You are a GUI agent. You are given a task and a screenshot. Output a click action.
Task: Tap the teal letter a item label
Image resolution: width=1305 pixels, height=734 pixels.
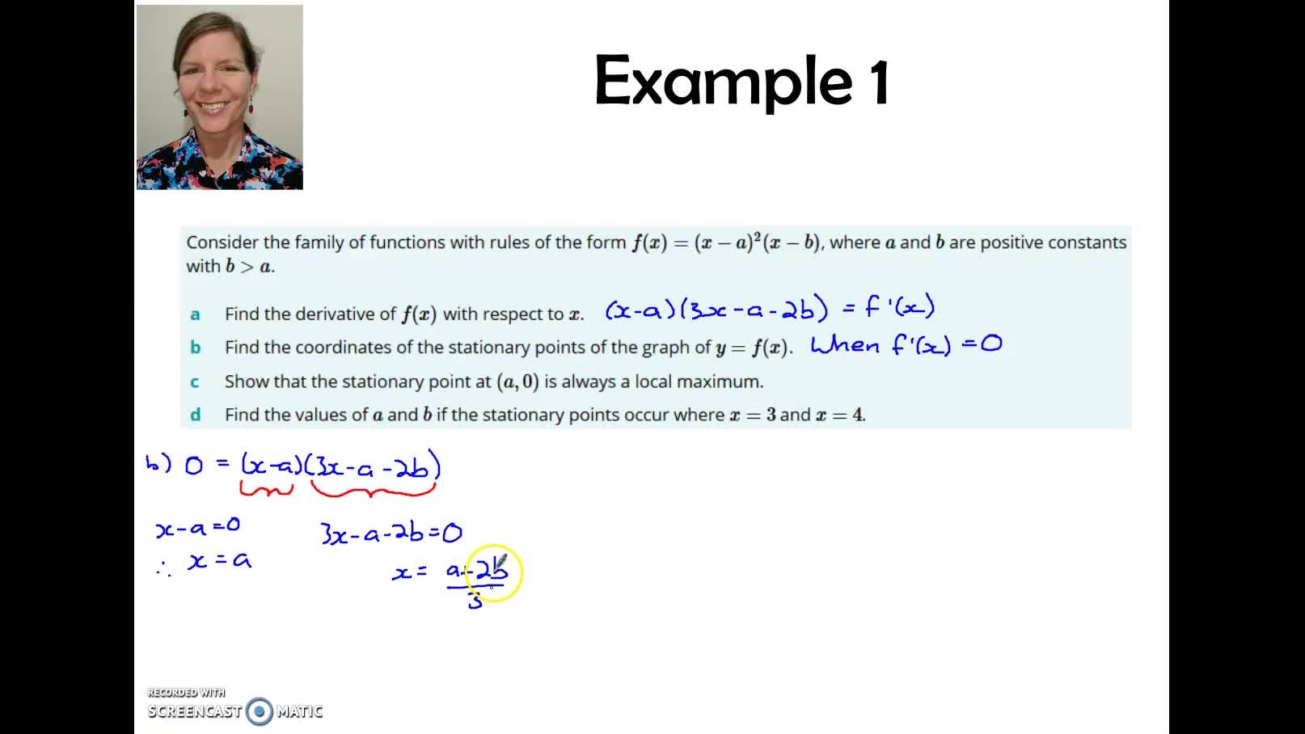195,314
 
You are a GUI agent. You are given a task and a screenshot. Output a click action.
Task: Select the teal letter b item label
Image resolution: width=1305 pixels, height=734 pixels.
195,348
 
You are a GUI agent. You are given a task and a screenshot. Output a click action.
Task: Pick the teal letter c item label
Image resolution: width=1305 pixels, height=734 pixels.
195,382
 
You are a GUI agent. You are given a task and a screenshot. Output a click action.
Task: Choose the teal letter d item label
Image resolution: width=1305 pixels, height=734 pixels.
195,415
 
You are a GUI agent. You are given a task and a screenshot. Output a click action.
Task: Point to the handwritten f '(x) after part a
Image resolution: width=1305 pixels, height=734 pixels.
899,307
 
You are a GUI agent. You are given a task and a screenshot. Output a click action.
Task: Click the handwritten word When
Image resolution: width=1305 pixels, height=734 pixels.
845,345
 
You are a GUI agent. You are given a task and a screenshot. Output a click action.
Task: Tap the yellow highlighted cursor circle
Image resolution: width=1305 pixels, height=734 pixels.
494,572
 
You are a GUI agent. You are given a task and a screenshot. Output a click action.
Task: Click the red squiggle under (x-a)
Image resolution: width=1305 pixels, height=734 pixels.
266,488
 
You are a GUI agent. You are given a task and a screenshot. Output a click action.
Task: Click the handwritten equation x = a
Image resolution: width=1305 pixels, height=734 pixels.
219,560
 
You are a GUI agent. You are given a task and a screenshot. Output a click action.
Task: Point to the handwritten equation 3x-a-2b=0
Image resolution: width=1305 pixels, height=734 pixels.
391,534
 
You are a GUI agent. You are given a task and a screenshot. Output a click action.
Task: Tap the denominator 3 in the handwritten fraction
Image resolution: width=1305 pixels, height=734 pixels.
475,601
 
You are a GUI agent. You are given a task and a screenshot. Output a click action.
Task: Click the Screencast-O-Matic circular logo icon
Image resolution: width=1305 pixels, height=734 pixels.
260,711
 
